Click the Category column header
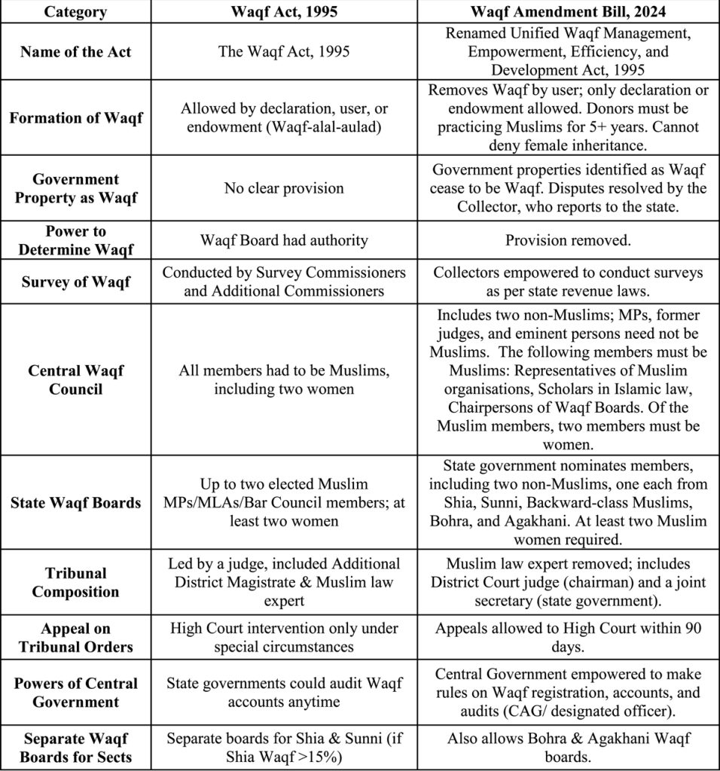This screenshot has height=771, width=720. tap(75, 12)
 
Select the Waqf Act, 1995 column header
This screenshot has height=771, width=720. tap(284, 12)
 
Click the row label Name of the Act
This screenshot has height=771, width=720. tap(75, 52)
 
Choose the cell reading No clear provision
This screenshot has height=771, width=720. tap(284, 188)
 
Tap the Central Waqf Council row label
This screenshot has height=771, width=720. tap(75, 379)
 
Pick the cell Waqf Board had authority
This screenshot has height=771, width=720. tap(284, 240)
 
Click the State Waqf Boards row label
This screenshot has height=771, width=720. tap(75, 502)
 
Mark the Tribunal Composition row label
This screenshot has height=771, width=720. tap(75, 583)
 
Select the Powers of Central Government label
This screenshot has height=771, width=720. tap(75, 693)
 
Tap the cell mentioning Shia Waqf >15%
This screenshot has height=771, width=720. tap(284, 748)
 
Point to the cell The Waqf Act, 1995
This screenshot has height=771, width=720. tap(284, 52)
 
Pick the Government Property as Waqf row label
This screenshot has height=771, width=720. tap(75, 188)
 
